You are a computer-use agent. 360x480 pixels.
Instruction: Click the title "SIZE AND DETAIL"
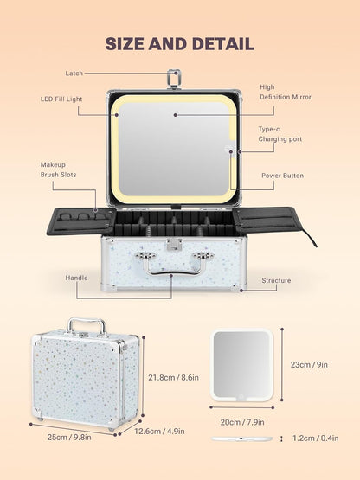(x=179, y=44)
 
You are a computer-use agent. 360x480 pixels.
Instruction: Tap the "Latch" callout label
(x=74, y=74)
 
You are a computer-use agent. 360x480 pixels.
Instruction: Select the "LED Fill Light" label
(x=61, y=99)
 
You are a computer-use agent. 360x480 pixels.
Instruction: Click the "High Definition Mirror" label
(x=286, y=92)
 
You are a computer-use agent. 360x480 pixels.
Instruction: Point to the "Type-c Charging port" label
(x=280, y=134)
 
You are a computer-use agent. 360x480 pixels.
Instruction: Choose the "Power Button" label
(x=282, y=176)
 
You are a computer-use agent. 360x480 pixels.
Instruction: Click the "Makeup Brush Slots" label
(x=58, y=170)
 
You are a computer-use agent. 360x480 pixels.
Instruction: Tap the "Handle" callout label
(x=76, y=278)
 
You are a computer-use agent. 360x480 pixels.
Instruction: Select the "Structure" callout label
(x=276, y=280)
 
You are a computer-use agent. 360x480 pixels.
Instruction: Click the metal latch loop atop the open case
(x=174, y=79)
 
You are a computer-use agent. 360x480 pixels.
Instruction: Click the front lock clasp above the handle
(x=174, y=245)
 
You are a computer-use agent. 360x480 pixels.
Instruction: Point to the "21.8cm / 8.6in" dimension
(x=173, y=377)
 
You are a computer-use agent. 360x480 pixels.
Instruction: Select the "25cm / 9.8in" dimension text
(x=69, y=437)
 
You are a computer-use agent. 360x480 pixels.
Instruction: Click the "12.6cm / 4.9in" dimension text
(x=159, y=432)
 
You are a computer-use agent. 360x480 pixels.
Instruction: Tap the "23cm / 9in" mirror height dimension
(x=309, y=365)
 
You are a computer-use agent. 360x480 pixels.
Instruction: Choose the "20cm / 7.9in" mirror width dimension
(x=242, y=422)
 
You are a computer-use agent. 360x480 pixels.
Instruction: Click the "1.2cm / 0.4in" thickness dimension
(x=316, y=438)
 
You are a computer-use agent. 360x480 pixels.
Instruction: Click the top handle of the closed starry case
(x=87, y=326)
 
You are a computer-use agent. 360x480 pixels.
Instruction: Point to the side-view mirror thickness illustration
(x=242, y=439)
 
